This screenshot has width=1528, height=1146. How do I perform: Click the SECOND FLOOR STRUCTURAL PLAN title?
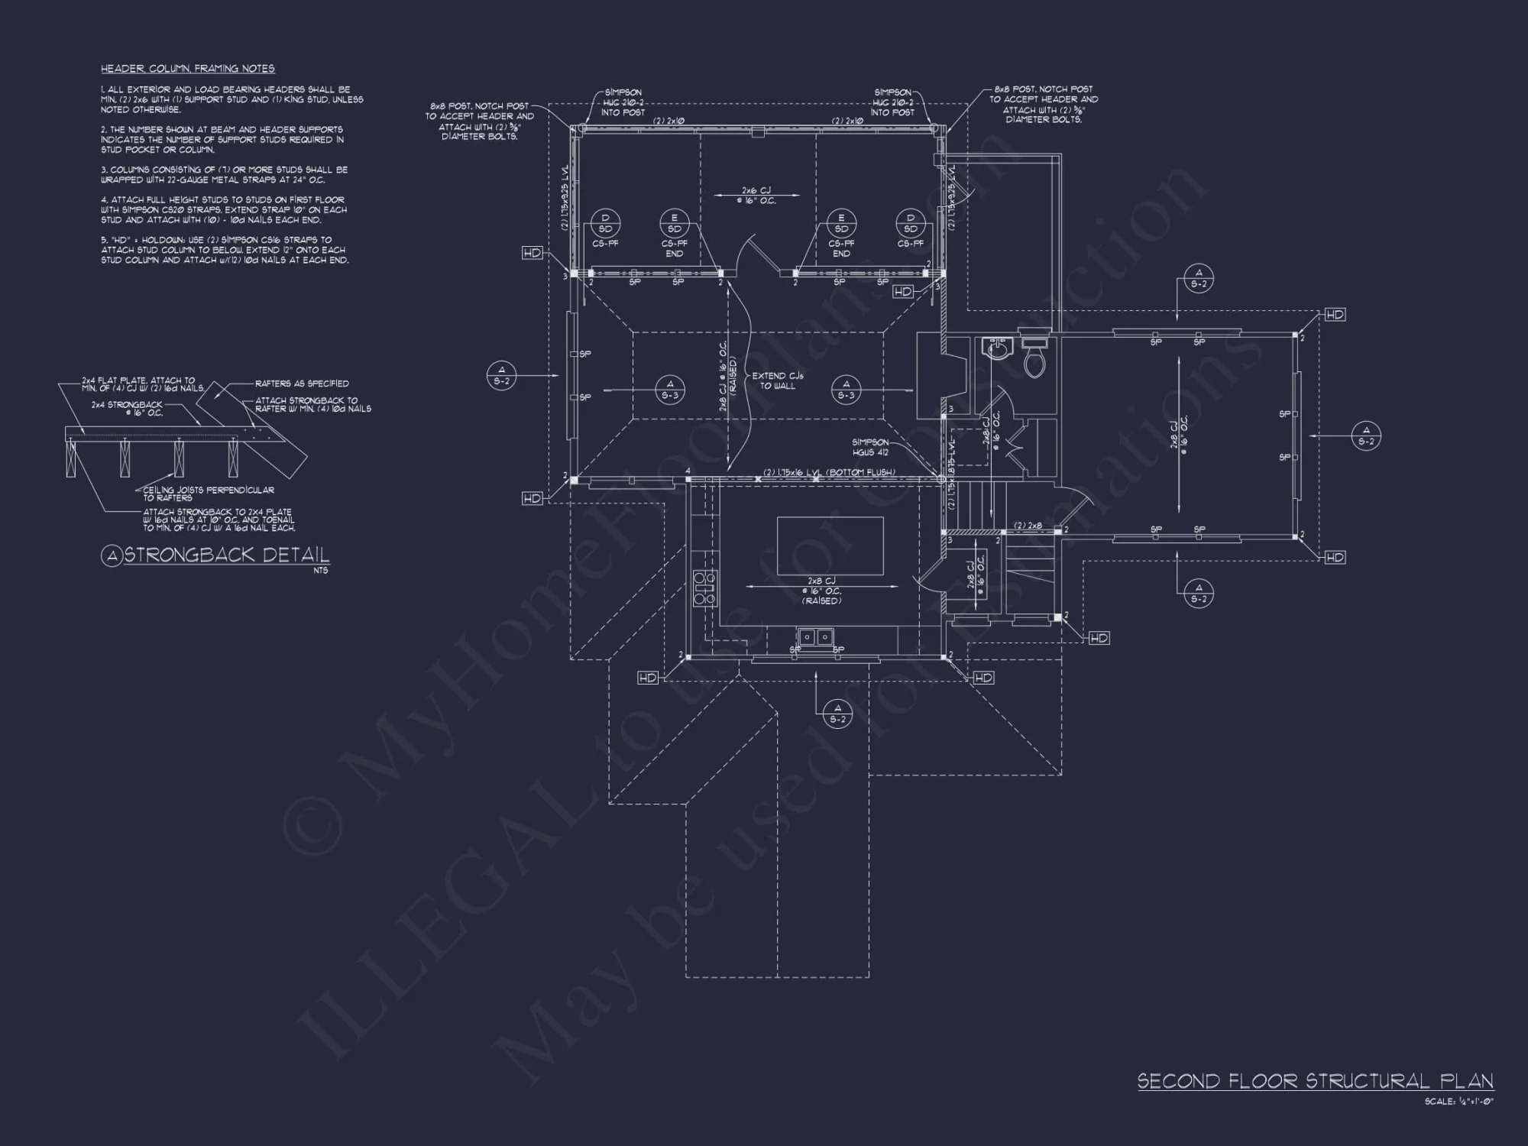click(1314, 1081)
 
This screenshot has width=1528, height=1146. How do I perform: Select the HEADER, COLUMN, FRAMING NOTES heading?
click(188, 69)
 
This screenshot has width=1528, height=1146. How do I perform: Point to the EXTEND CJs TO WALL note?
click(778, 380)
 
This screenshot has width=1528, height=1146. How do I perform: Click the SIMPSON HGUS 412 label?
click(871, 447)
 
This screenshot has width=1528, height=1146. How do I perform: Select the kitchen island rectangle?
click(830, 545)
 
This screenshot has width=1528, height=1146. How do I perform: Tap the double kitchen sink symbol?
click(816, 636)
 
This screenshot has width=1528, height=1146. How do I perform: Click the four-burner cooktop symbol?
click(704, 588)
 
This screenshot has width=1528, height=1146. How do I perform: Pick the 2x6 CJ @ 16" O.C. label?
click(757, 196)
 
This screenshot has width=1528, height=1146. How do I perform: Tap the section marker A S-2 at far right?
click(1366, 436)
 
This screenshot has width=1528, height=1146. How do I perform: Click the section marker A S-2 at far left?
click(501, 375)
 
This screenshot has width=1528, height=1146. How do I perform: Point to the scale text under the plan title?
click(1458, 1102)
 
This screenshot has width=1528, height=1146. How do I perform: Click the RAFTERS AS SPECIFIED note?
click(302, 384)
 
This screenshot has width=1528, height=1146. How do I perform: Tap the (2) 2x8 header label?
click(1028, 526)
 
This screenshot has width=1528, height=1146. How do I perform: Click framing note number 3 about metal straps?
click(223, 175)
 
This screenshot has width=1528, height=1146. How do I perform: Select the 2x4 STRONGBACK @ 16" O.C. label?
click(127, 409)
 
